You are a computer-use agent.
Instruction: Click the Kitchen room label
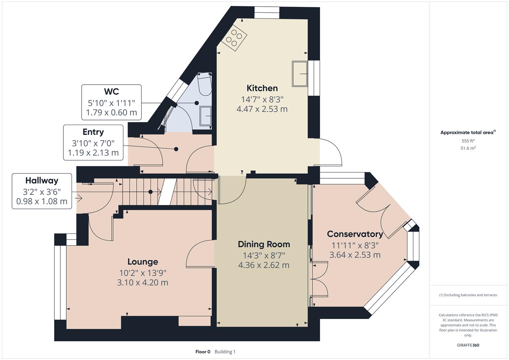[x=262, y=88]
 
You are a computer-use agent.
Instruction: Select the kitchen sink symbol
[x=300, y=74]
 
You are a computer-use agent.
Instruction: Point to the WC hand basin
[x=206, y=116]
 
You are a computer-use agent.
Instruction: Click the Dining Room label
[x=264, y=244]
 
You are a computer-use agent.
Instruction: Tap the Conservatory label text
[x=355, y=234]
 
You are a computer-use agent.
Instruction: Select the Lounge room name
[x=143, y=262]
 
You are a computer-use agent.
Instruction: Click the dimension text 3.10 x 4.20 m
[x=143, y=283]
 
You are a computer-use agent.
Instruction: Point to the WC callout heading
[x=111, y=92]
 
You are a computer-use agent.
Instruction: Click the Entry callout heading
[x=93, y=132]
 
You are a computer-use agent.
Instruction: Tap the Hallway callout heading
[x=42, y=181]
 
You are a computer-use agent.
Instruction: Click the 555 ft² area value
[x=468, y=141]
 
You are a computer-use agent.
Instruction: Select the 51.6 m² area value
[x=468, y=148]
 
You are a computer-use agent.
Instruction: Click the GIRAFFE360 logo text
[x=468, y=345]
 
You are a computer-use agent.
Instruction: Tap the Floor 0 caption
[x=203, y=352]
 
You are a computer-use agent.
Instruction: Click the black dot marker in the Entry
[x=176, y=149]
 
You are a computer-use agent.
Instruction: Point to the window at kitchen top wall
[x=267, y=13]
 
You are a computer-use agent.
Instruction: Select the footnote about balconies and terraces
[x=468, y=295]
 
